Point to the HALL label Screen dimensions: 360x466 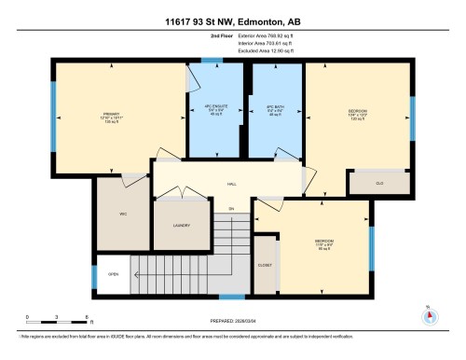click(x=230, y=185)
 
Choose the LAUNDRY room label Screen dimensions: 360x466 click(x=182, y=225)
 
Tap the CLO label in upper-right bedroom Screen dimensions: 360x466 click(x=379, y=183)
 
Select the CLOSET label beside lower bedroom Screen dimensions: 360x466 click(x=265, y=241)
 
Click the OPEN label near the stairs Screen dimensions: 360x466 click(x=113, y=274)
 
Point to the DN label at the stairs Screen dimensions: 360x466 click(x=231, y=209)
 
